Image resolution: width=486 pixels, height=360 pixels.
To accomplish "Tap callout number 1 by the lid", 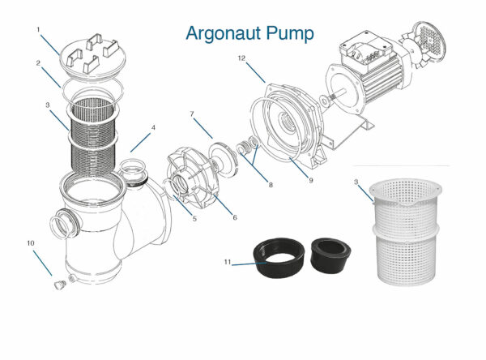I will [38, 30].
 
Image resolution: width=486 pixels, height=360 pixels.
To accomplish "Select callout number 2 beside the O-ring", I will [38, 62].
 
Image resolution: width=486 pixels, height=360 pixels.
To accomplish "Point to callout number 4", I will [153, 127].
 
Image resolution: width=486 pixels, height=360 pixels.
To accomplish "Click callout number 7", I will [192, 114].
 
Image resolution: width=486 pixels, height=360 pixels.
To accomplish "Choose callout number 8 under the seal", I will [271, 185].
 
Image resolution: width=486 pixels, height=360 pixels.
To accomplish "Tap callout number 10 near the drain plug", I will [30, 242].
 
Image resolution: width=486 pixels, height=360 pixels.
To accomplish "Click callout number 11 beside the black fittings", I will [227, 262].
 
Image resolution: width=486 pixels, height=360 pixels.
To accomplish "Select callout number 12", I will [242, 58].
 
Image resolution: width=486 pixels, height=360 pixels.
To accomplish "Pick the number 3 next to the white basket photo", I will [356, 183].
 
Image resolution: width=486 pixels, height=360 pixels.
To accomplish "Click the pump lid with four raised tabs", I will [95, 54].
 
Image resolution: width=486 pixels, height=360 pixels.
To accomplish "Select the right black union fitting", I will [328, 256].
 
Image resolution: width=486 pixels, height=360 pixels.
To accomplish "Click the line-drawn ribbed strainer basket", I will [94, 134].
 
